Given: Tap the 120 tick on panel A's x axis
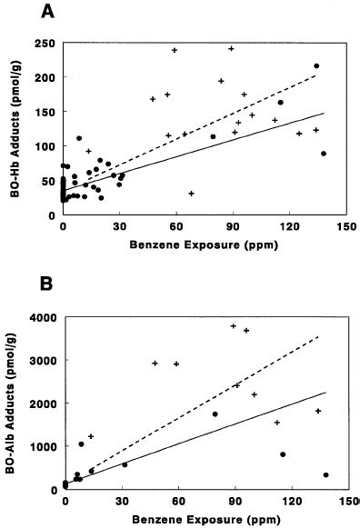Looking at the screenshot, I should tap(291, 227).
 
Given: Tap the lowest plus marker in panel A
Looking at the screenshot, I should tap(191, 193).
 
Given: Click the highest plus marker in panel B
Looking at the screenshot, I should tap(234, 325).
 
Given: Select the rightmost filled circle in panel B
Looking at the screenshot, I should tap(325, 474).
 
